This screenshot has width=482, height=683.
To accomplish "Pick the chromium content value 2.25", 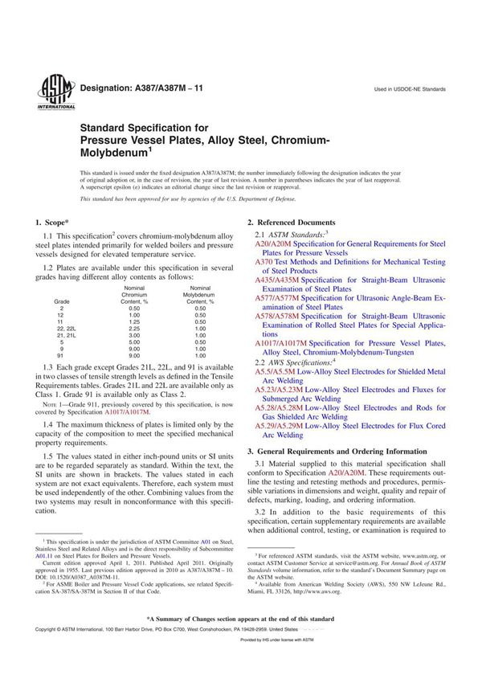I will click(x=136, y=329).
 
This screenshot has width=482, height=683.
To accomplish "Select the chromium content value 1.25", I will click(x=136, y=321).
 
